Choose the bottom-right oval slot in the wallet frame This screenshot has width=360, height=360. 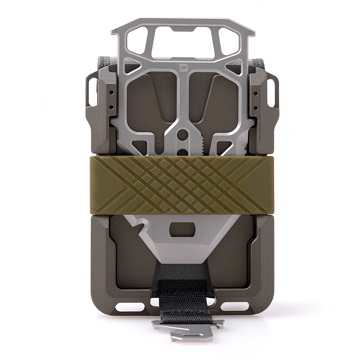(x=234, y=307)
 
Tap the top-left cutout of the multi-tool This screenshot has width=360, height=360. (x=136, y=41)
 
